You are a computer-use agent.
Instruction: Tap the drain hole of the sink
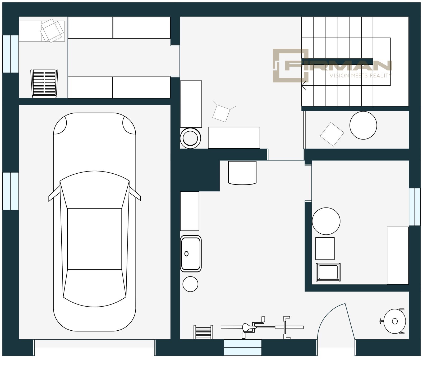[186, 254]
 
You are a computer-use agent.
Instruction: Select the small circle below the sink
[190, 284]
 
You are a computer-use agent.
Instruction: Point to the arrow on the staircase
[304, 86]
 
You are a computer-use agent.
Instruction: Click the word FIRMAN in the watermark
[338, 66]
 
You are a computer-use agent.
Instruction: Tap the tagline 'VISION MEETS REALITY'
[361, 76]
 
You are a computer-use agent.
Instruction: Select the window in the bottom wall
[243, 347]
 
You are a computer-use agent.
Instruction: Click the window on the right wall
[415, 207]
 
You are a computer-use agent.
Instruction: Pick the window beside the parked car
[11, 191]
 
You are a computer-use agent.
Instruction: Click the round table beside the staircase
[363, 125]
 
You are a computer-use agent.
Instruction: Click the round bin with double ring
[190, 138]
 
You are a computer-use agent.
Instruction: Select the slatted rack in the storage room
[44, 84]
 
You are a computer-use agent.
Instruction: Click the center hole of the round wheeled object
[395, 321]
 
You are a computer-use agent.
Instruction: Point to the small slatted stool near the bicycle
[203, 332]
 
